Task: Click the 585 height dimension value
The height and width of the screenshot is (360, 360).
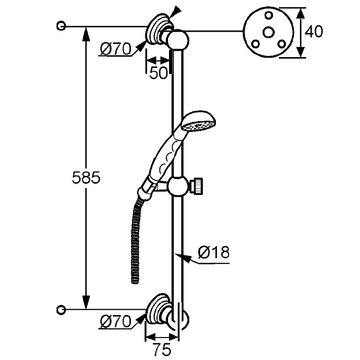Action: (86, 178)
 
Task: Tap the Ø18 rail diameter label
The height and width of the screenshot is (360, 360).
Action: (213, 253)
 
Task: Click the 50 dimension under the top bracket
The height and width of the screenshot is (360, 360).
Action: (158, 72)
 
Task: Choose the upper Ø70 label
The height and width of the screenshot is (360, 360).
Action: (115, 49)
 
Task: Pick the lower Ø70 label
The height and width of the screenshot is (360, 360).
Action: (115, 321)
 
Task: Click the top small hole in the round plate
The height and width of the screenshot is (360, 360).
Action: (268, 15)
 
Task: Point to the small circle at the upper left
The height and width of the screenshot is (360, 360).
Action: (61, 25)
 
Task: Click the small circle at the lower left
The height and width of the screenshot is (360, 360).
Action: (61, 309)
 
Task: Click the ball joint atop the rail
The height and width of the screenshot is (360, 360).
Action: (178, 39)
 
